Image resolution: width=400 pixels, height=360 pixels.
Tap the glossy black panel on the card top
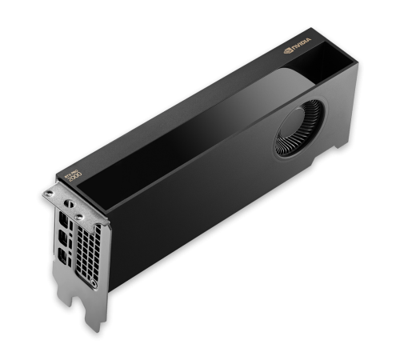tap(184, 136)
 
